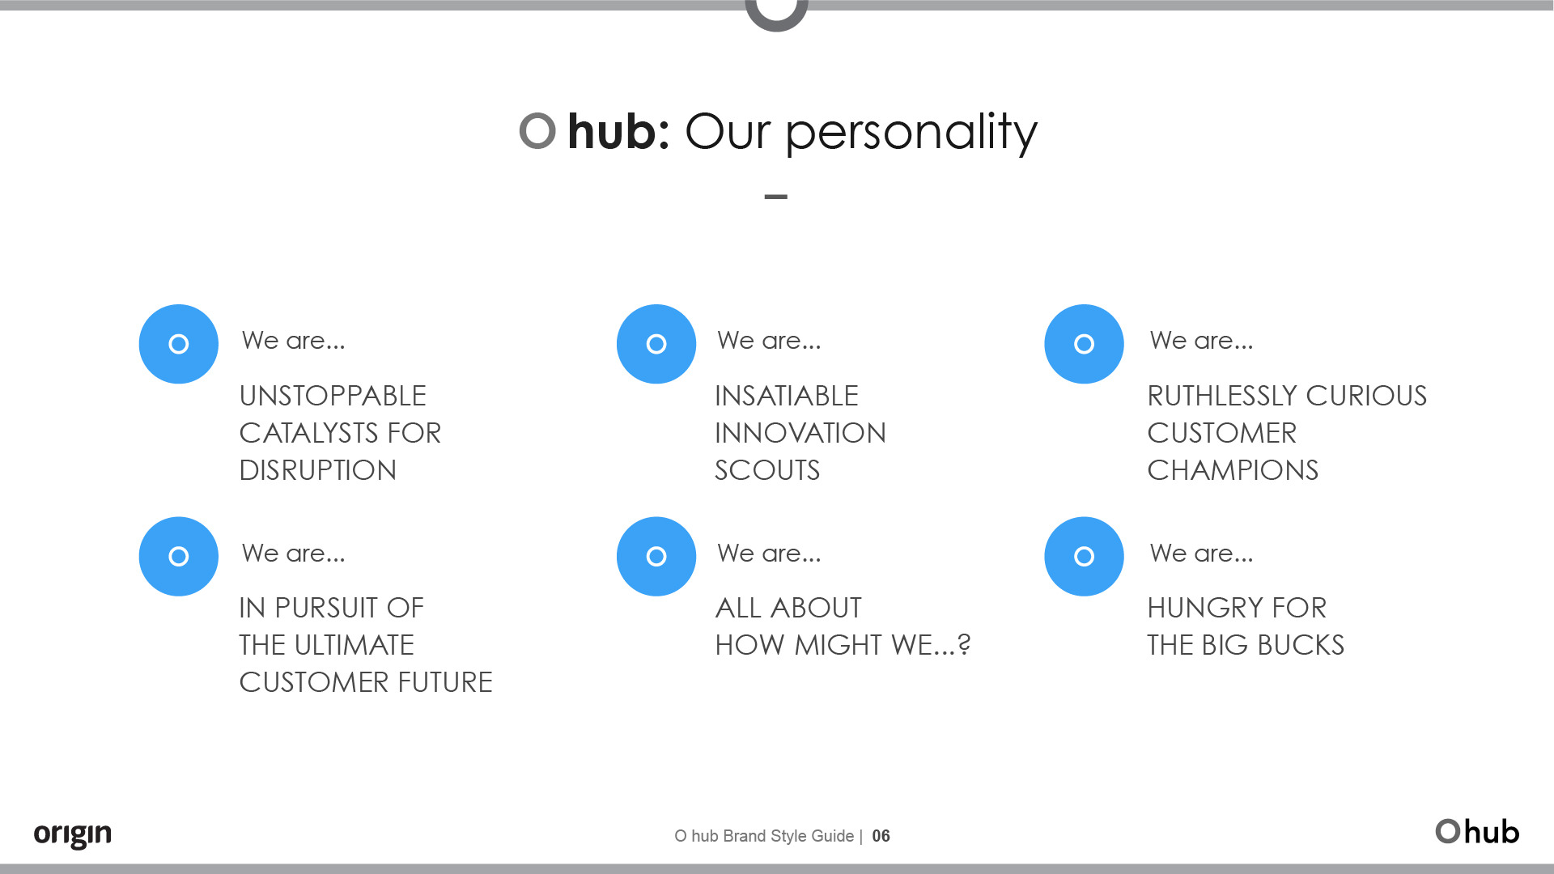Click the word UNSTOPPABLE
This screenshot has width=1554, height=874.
tap(333, 396)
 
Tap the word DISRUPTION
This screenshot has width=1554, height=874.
tap(318, 470)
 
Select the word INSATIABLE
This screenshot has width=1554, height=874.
tap(787, 396)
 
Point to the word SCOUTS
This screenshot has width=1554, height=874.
tap(767, 470)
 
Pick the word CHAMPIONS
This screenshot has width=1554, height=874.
tap(1233, 470)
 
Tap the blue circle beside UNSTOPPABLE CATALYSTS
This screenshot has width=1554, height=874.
tap(179, 344)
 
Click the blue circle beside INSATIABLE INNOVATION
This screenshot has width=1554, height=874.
tap(656, 344)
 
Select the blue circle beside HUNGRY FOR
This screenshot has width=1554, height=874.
tap(1084, 557)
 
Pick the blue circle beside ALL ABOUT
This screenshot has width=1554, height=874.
tap(656, 557)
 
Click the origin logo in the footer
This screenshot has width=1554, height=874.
tap(73, 834)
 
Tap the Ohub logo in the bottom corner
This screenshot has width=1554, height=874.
tap(1477, 832)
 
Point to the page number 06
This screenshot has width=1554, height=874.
tap(881, 836)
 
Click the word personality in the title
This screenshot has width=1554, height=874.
tap(911, 132)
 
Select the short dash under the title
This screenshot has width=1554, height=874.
tap(776, 197)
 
